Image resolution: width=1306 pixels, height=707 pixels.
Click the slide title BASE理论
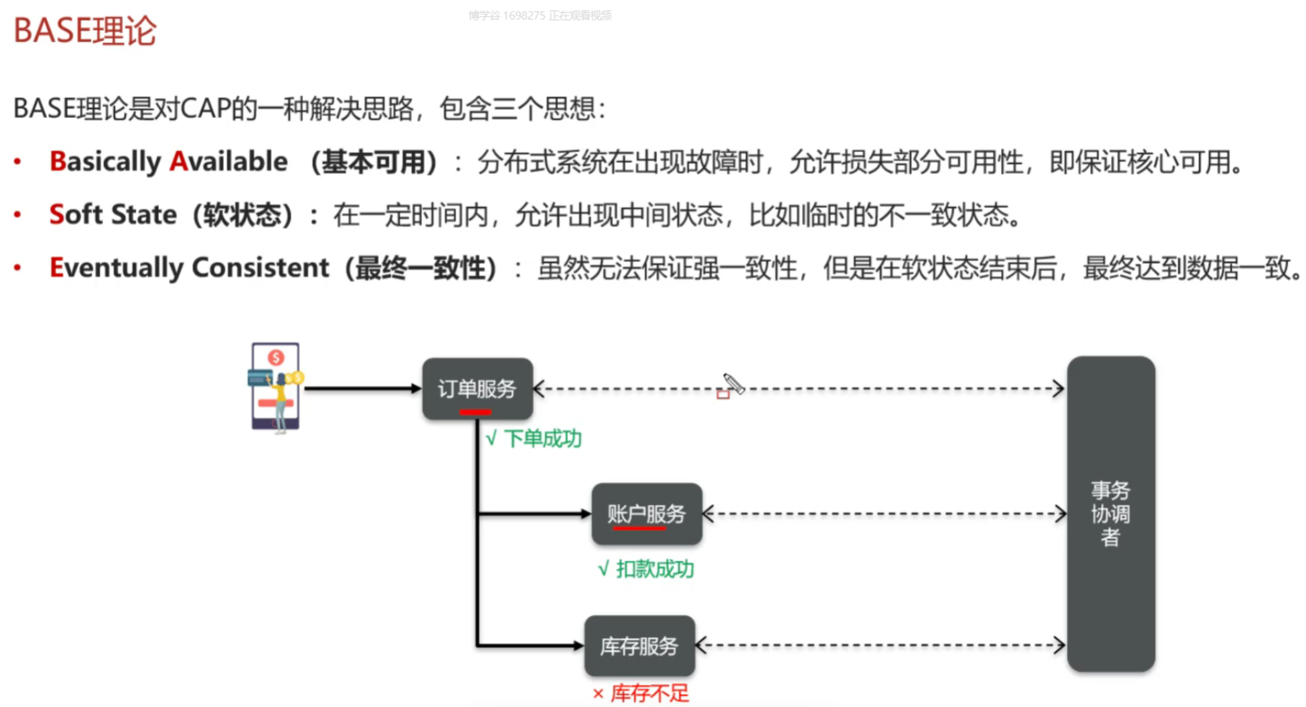click(x=85, y=31)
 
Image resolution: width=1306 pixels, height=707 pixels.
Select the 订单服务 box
click(x=478, y=389)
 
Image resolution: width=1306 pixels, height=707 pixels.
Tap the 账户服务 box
click(x=647, y=513)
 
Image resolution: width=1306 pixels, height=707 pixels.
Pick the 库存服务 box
click(x=639, y=646)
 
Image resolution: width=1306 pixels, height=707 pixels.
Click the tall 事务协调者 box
click(x=1111, y=513)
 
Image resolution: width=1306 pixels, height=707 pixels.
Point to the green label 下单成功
click(x=534, y=438)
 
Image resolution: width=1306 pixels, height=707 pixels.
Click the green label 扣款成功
click(x=647, y=569)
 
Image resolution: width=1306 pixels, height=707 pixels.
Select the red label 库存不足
click(x=641, y=693)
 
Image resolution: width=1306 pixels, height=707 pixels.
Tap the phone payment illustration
click(x=276, y=388)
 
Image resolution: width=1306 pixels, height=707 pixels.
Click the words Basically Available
click(x=169, y=162)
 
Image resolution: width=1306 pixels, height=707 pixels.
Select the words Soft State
click(x=113, y=214)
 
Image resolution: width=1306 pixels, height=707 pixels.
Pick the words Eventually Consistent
click(x=189, y=268)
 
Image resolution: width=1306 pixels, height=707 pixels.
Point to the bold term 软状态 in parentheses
click(x=243, y=215)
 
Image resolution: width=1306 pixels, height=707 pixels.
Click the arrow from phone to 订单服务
click(x=363, y=388)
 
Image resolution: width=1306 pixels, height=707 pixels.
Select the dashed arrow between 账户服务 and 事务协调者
click(x=884, y=513)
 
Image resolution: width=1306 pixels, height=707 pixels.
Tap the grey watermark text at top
click(x=540, y=15)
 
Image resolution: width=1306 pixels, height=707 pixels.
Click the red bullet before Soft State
click(x=18, y=214)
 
